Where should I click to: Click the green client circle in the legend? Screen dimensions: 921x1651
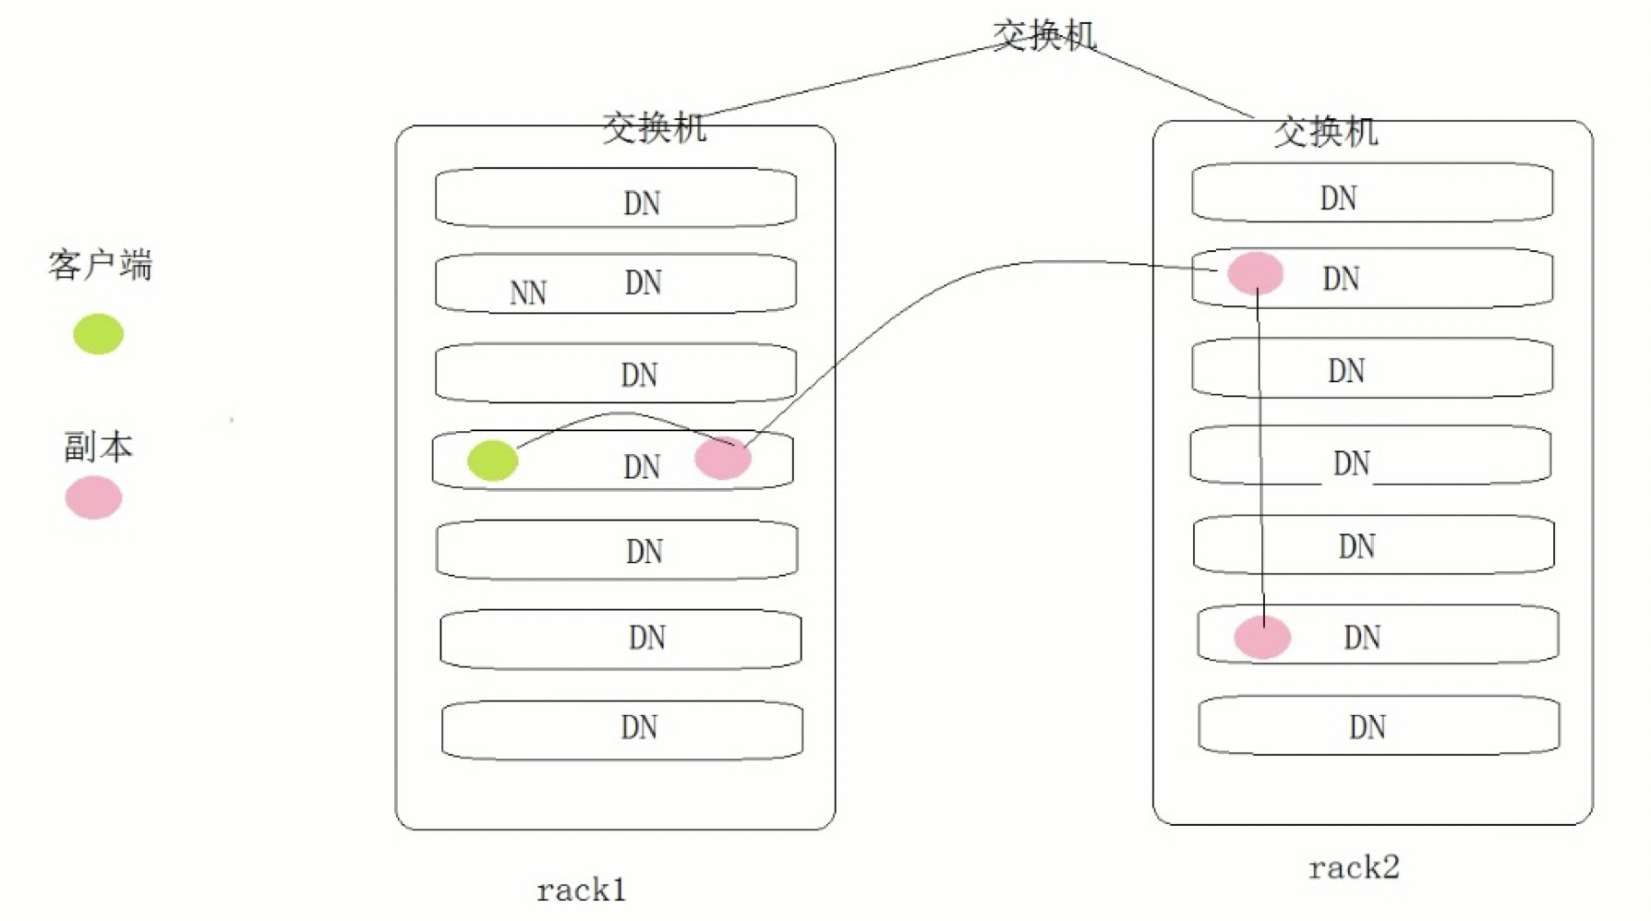(98, 334)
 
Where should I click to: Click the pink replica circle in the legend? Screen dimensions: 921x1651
(93, 497)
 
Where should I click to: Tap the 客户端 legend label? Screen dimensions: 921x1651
(100, 266)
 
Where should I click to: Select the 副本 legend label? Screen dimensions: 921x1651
(98, 447)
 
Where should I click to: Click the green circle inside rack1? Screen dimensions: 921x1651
(492, 460)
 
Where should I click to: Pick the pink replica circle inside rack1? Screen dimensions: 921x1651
(722, 458)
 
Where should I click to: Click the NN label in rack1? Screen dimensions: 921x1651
(528, 293)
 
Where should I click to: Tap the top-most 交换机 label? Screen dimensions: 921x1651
(1043, 35)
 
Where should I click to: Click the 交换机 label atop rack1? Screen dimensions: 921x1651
(654, 127)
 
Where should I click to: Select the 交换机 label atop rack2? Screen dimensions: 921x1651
(1325, 132)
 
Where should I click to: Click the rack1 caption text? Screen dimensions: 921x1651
(581, 891)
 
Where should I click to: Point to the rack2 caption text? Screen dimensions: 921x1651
(1354, 867)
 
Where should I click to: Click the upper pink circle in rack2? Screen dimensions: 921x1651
(1255, 273)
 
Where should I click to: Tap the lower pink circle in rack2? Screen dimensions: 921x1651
(1262, 637)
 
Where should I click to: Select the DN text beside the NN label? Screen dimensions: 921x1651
(643, 282)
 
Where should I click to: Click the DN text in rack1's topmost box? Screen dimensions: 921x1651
(642, 203)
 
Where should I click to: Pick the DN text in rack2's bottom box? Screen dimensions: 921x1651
(1367, 727)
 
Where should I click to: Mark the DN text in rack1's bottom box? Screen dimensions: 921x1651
(639, 727)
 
